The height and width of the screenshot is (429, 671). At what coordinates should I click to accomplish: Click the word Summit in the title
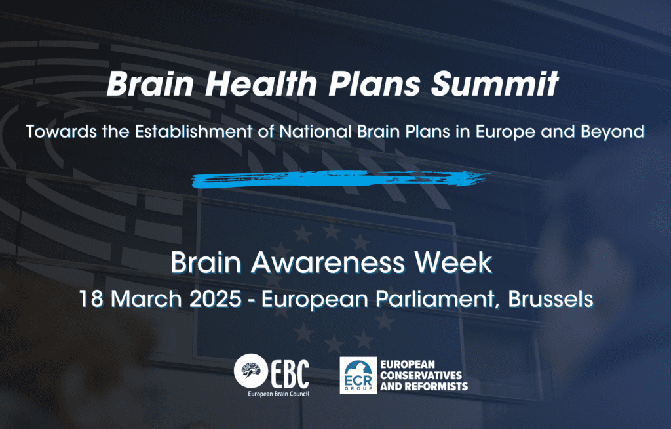pos(495,83)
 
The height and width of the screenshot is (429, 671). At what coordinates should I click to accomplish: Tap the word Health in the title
pos(261,83)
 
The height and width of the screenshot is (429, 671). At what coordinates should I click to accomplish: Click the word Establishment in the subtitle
pos(193,131)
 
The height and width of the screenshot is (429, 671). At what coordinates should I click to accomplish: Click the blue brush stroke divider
pos(340,178)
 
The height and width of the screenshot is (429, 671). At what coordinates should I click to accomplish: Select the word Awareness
pos(328,262)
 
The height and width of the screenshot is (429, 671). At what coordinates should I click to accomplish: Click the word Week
pos(453,262)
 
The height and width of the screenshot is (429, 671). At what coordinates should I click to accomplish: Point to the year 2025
pos(215,298)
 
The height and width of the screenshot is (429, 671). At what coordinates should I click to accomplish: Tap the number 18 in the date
pos(91,298)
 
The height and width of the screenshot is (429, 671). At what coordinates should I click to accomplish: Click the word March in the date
pos(146,298)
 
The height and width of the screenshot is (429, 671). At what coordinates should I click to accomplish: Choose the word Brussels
pos(550,298)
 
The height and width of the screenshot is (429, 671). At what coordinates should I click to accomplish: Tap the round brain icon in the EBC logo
pos(251,371)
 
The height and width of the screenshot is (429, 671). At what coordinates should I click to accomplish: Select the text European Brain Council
pos(278,394)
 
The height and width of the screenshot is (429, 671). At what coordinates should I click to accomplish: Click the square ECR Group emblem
pos(358,375)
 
